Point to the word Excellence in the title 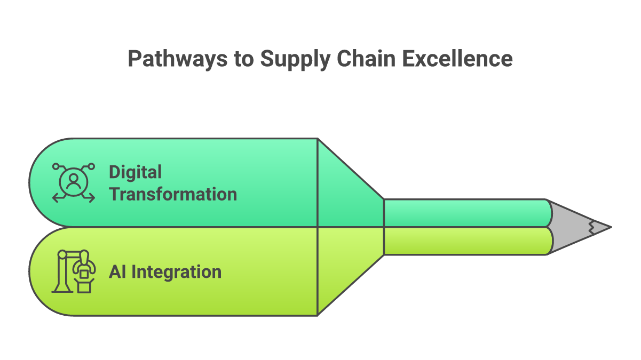[x=457, y=59]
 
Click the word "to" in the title [x=243, y=59]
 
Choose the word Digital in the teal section [x=135, y=172]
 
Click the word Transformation [x=173, y=194]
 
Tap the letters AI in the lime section [x=118, y=272]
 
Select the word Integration [x=177, y=272]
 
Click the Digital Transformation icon [x=73, y=183]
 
